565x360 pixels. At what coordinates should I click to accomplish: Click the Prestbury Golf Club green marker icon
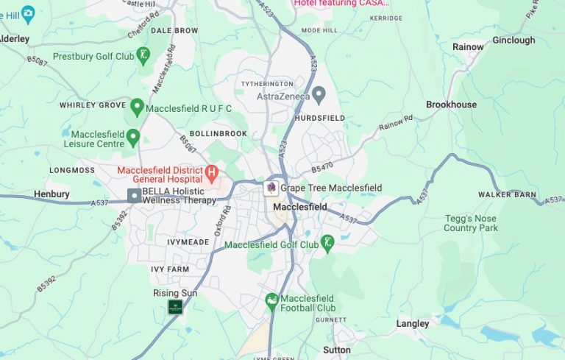pyautogui.click(x=143, y=54)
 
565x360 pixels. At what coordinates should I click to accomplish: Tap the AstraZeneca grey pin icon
pyautogui.click(x=319, y=94)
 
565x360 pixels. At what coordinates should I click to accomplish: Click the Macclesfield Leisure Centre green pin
pyautogui.click(x=133, y=137)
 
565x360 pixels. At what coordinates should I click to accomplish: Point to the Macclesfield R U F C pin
pyautogui.click(x=136, y=107)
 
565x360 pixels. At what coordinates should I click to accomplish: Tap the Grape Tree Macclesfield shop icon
pyautogui.click(x=271, y=188)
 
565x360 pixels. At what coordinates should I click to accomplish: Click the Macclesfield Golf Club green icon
pyautogui.click(x=327, y=242)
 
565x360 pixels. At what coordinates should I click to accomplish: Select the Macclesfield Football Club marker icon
pyautogui.click(x=272, y=301)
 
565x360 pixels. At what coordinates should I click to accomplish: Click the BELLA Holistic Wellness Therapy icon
pyautogui.click(x=134, y=195)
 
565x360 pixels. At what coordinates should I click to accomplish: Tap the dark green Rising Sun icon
pyautogui.click(x=175, y=307)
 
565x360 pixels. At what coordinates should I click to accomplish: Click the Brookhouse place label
pyautogui.click(x=451, y=105)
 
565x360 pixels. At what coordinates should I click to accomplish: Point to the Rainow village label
pyautogui.click(x=468, y=47)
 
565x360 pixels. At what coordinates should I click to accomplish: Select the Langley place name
pyautogui.click(x=412, y=323)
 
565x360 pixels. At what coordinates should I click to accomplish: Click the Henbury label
pyautogui.click(x=51, y=194)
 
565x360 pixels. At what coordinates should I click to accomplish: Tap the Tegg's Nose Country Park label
pyautogui.click(x=471, y=223)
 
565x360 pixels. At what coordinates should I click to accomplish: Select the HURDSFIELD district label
pyautogui.click(x=319, y=118)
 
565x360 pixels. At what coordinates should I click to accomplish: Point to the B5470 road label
pyautogui.click(x=322, y=168)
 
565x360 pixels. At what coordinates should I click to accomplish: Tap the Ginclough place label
pyautogui.click(x=514, y=40)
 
